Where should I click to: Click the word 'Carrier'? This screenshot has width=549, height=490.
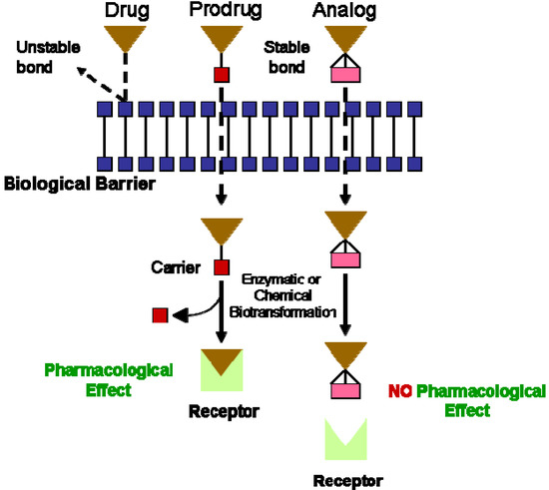[181, 268]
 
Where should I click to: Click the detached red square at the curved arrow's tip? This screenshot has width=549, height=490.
[160, 315]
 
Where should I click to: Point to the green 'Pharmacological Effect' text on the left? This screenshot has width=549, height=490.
[109, 379]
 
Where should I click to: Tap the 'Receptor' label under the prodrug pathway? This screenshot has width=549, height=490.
[221, 409]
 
